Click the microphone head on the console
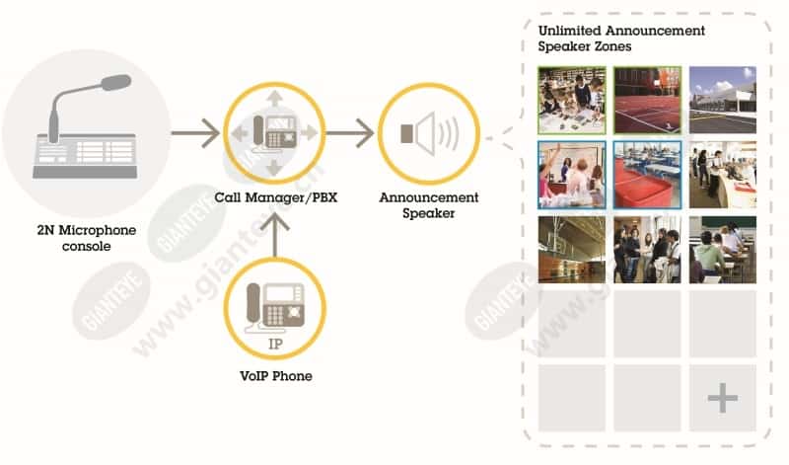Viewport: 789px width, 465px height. click(x=116, y=83)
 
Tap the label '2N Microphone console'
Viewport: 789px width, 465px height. click(x=87, y=238)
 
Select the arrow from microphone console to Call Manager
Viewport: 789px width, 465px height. click(x=195, y=133)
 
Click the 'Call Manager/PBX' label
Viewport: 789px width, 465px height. click(x=276, y=197)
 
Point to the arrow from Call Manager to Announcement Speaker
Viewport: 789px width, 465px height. click(x=350, y=133)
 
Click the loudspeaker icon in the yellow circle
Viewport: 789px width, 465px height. click(x=430, y=133)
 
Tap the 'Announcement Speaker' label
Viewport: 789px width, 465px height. click(x=429, y=205)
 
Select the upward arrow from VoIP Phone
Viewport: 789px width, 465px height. click(x=275, y=235)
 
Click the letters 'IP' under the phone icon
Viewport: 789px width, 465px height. click(x=275, y=345)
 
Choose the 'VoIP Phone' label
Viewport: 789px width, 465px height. click(x=276, y=376)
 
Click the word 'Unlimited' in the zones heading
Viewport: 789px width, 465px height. click(x=570, y=31)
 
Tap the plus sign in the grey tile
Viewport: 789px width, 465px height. click(x=723, y=398)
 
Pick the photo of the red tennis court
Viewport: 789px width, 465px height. click(x=647, y=101)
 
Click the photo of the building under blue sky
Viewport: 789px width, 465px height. click(x=723, y=101)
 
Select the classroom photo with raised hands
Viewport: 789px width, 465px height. click(x=572, y=175)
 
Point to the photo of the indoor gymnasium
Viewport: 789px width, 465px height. click(x=572, y=250)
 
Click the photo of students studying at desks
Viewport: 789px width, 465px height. click(x=723, y=250)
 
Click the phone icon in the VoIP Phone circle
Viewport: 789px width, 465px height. click(x=275, y=307)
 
